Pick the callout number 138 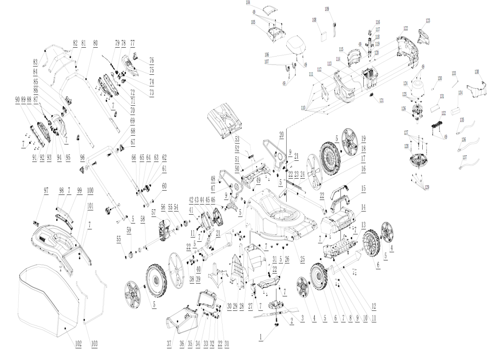477,72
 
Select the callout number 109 327,9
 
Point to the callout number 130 440,78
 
